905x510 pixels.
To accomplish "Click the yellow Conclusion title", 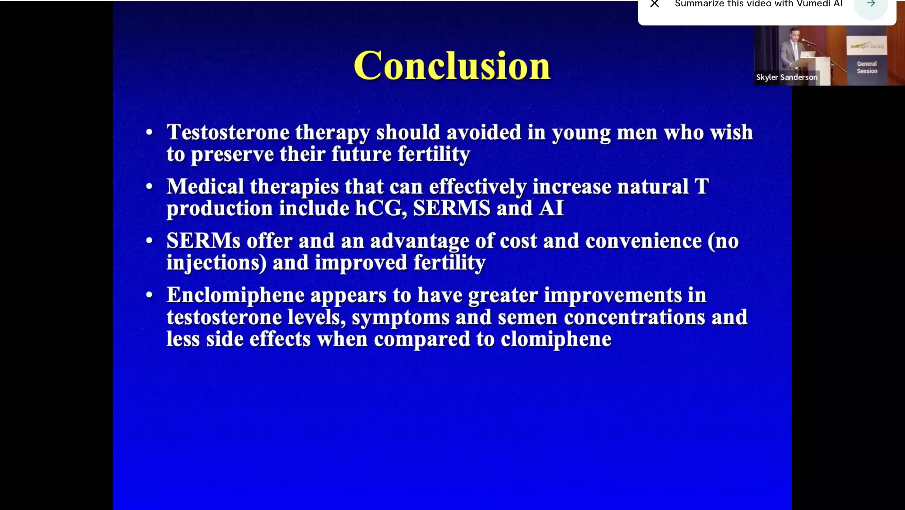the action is click(x=452, y=65).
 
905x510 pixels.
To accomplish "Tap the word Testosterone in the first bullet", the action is click(x=228, y=132).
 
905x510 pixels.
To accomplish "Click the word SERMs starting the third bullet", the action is click(x=203, y=241).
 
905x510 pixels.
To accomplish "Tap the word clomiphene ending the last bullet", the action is click(x=556, y=340).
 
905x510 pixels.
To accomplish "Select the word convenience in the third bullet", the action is click(x=643, y=241).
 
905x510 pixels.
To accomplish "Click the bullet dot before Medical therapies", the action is click(x=149, y=186).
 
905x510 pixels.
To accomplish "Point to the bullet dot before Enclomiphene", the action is click(x=149, y=295).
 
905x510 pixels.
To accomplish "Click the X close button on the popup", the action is click(x=655, y=4).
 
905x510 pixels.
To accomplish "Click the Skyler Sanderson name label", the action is click(x=787, y=77).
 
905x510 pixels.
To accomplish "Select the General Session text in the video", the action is click(x=867, y=67).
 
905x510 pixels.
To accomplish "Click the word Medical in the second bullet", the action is click(x=205, y=186).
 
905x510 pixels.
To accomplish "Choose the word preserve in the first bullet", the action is click(x=232, y=155).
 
